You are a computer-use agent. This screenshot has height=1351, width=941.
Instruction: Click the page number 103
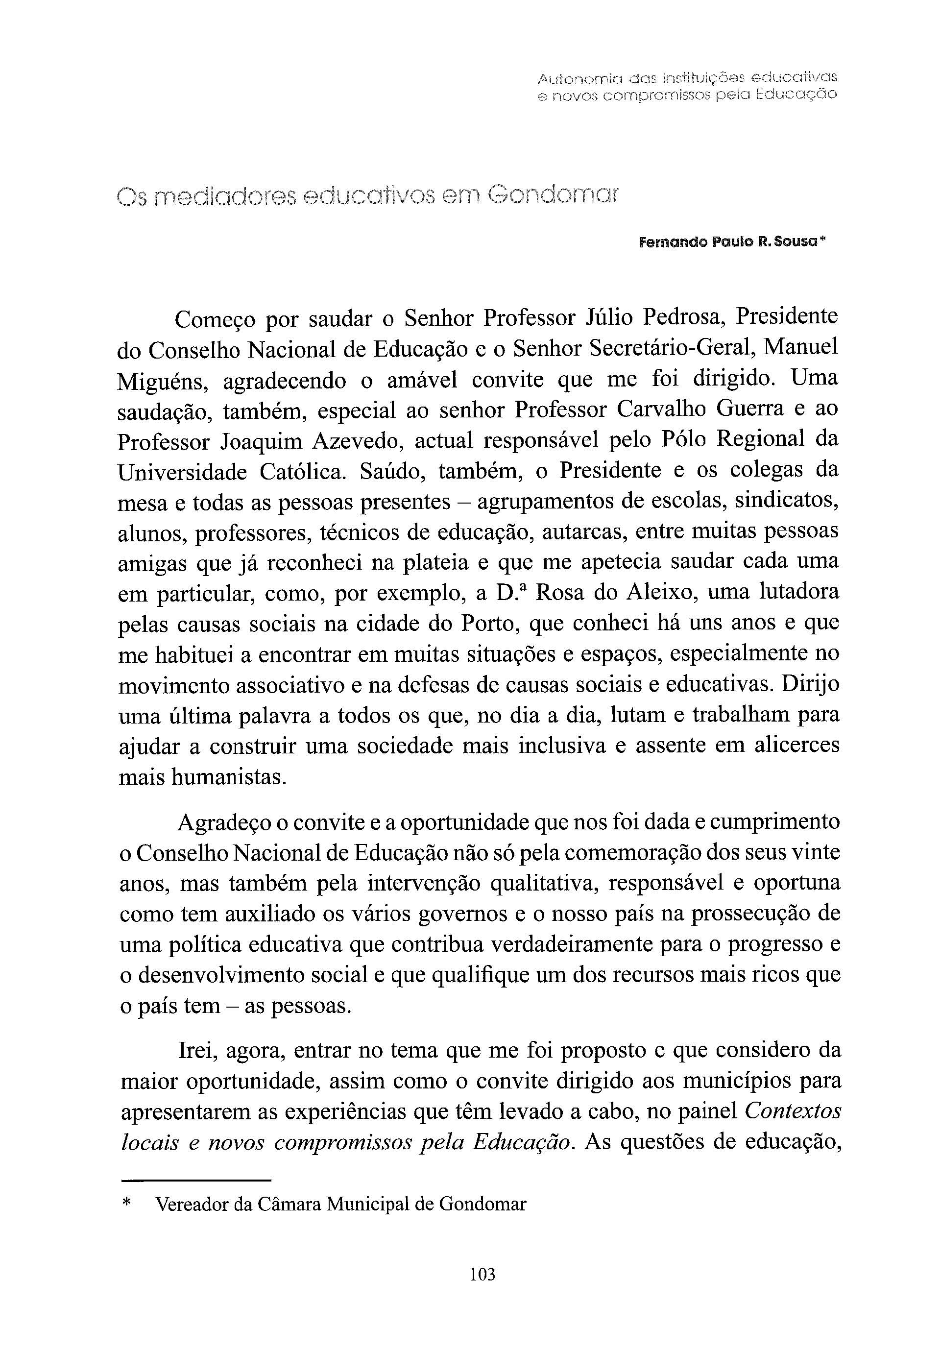click(x=483, y=1274)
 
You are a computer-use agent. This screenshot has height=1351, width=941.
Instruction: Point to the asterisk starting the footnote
click(x=126, y=1204)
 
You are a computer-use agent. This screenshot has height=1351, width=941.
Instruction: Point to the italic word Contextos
click(x=792, y=1111)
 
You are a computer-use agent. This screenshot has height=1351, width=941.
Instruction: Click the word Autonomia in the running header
click(x=576, y=78)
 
